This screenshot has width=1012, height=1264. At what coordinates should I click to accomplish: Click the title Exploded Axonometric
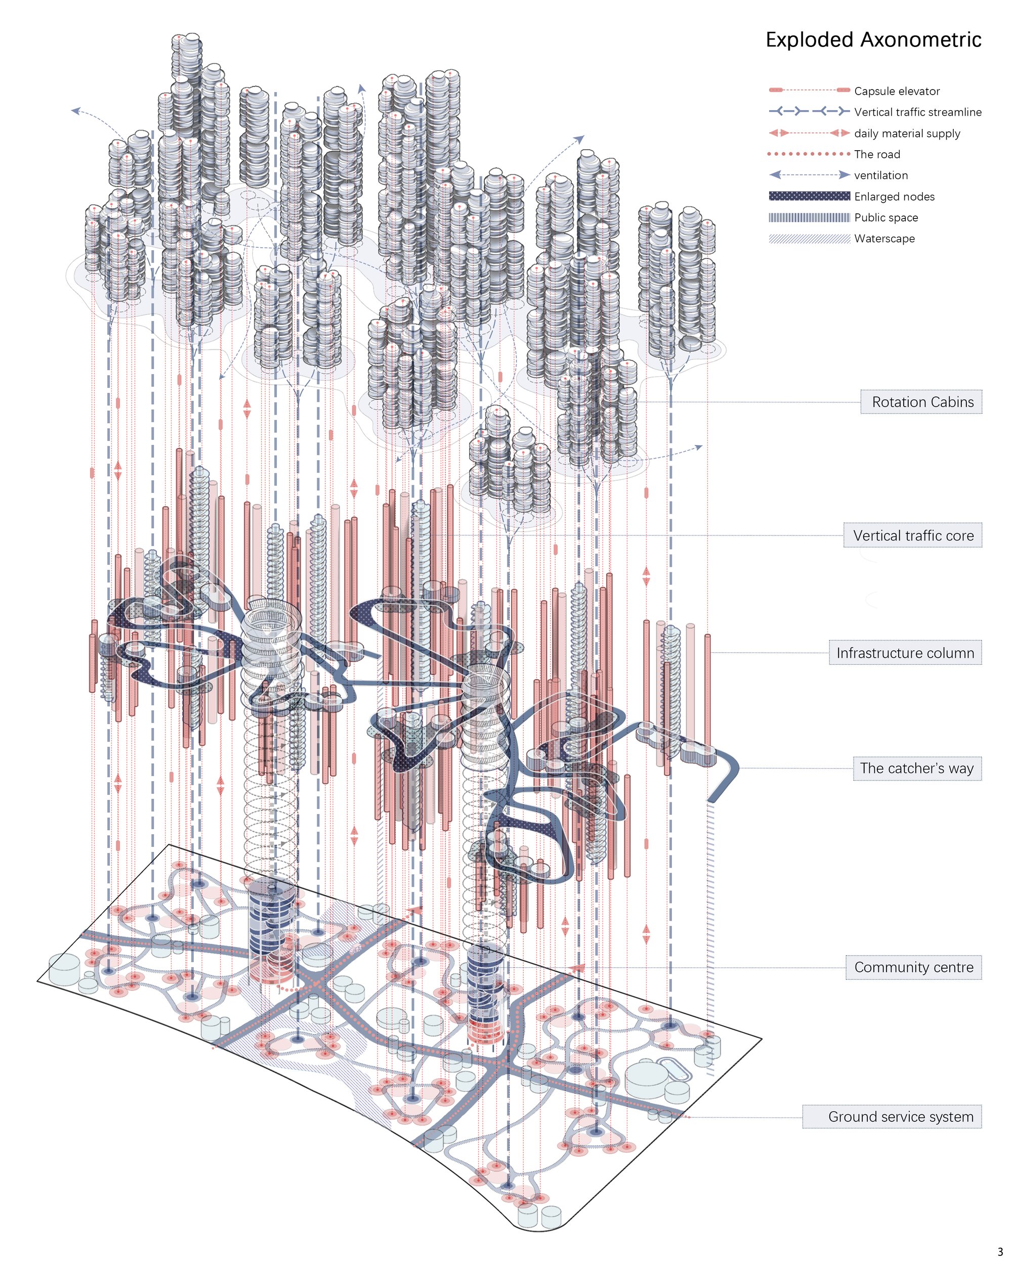tap(873, 40)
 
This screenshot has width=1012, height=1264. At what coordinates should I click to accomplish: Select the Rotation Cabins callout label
tap(921, 401)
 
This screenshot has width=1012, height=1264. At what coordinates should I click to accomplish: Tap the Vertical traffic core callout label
tap(913, 535)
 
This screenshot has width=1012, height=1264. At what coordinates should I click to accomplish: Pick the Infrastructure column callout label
tap(905, 653)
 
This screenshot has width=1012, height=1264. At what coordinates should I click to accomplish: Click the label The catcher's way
tap(917, 768)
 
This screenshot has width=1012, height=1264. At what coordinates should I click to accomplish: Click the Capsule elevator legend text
tap(897, 91)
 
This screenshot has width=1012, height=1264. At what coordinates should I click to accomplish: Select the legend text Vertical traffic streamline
tap(917, 112)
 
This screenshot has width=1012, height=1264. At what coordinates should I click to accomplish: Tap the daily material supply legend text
tap(907, 133)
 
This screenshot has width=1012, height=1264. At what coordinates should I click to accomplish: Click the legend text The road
tap(876, 154)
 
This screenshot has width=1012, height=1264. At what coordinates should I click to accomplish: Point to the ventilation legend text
tap(880, 175)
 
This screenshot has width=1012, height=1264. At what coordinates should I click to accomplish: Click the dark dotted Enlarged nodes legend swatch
tap(809, 196)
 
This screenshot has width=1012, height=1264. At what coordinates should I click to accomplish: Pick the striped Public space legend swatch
tap(809, 217)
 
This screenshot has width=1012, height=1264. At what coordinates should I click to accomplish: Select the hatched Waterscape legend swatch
tap(809, 239)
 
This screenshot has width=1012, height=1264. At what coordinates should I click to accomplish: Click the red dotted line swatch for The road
tap(809, 154)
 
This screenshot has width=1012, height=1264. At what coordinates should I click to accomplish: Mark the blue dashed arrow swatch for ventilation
tap(809, 175)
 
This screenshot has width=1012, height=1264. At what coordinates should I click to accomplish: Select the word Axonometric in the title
tap(921, 40)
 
